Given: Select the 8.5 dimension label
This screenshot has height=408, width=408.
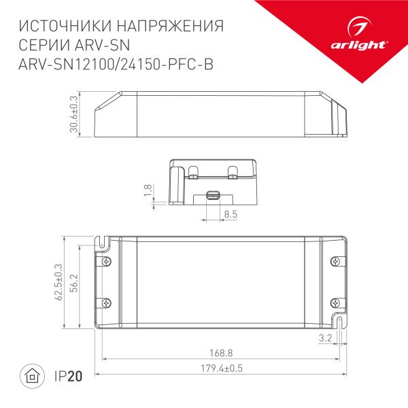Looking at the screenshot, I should pos(230,214).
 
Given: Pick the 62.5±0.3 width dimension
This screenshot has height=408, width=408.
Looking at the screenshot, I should pos(58,281).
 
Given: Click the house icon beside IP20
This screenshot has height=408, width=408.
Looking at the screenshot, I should pos(32,375).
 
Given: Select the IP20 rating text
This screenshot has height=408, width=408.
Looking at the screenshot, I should pos(67,375).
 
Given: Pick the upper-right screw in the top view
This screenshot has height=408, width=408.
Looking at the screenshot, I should pos(334,261).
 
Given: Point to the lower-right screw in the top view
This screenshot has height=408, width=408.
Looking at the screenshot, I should pos(334,302).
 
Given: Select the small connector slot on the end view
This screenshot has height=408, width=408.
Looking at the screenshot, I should pos(212,196).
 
